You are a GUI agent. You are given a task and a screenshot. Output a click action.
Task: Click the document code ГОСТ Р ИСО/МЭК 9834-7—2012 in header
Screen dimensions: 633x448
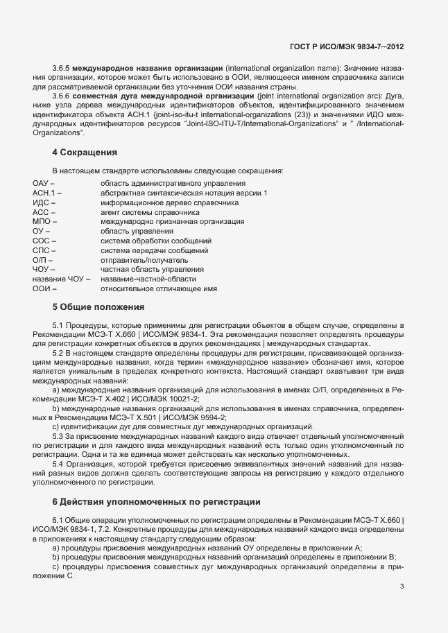347,46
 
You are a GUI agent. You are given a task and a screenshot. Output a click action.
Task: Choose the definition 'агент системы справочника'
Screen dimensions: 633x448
144,211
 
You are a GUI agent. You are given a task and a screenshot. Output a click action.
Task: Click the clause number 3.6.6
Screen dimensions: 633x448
61,96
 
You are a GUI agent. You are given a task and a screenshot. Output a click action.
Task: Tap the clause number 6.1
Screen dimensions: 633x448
58,519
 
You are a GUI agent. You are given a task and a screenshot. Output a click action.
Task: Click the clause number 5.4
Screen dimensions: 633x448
58,462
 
